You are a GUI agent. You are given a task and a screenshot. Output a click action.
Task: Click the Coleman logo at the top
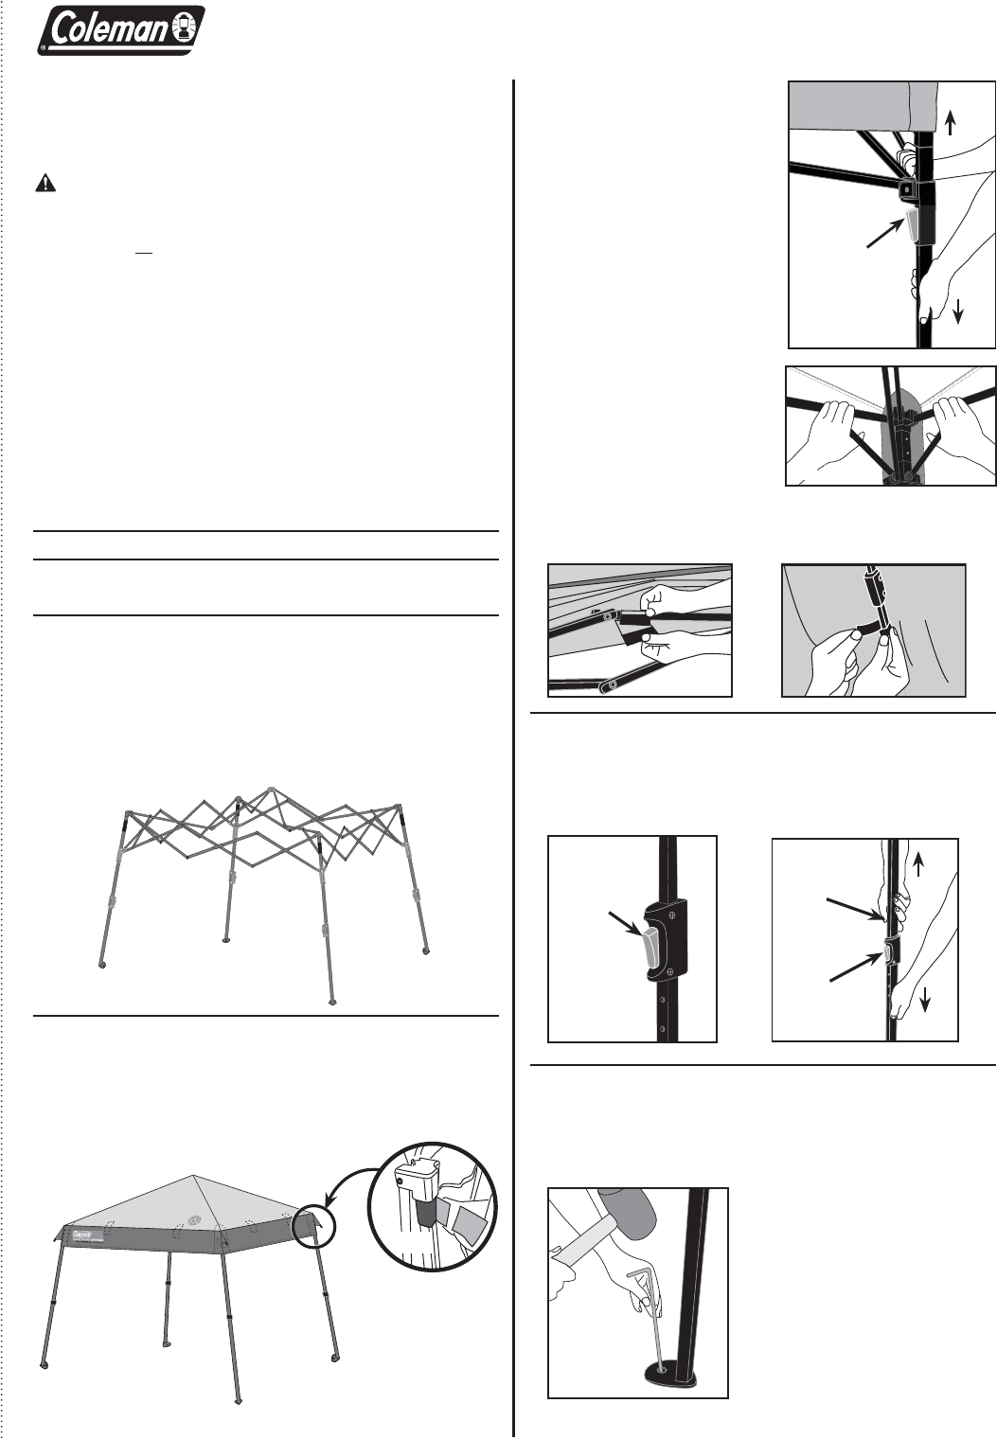click(x=121, y=30)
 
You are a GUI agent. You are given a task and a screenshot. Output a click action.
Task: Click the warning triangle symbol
click(x=45, y=184)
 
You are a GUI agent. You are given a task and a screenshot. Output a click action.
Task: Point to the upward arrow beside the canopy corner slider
click(x=950, y=123)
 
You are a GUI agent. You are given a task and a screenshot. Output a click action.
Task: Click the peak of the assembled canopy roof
click(x=193, y=1176)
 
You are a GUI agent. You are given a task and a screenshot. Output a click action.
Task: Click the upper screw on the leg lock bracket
click(x=672, y=915)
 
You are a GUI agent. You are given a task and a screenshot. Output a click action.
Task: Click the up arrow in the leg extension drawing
click(x=918, y=864)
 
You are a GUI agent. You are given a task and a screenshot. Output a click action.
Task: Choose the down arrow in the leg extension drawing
click(x=924, y=1000)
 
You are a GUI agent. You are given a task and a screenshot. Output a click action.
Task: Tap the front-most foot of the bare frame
click(x=331, y=1002)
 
